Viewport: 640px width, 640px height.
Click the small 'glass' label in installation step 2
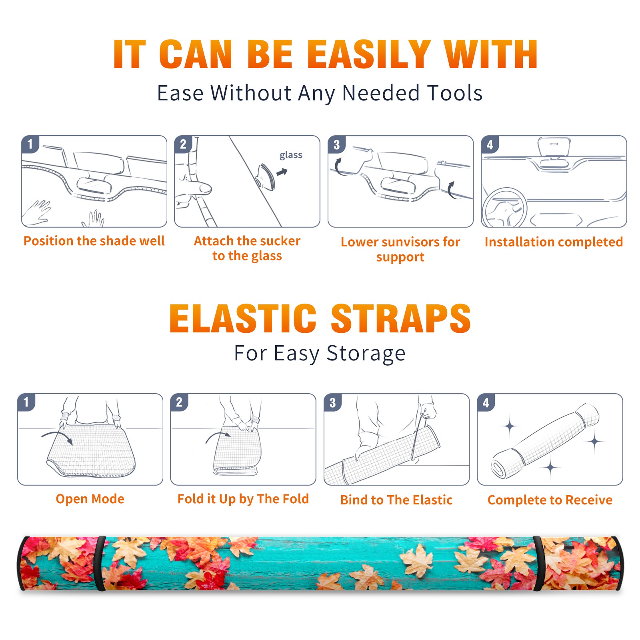(x=291, y=155)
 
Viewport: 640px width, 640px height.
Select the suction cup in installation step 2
(x=266, y=176)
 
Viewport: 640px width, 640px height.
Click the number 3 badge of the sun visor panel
(x=336, y=145)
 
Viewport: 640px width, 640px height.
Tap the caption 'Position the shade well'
(x=94, y=241)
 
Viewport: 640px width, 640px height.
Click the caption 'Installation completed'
(x=554, y=242)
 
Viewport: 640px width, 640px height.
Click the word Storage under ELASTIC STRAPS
(x=366, y=354)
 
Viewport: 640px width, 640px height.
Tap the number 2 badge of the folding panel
(x=179, y=402)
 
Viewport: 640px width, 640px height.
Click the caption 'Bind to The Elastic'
(x=396, y=500)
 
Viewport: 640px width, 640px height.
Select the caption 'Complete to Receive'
(x=550, y=500)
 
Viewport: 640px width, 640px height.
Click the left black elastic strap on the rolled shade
(x=100, y=563)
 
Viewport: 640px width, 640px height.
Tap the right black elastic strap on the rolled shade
(x=538, y=563)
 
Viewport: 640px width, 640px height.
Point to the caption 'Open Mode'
(x=90, y=499)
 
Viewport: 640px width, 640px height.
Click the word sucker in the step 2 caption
(x=280, y=241)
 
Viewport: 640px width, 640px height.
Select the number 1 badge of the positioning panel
(x=30, y=144)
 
